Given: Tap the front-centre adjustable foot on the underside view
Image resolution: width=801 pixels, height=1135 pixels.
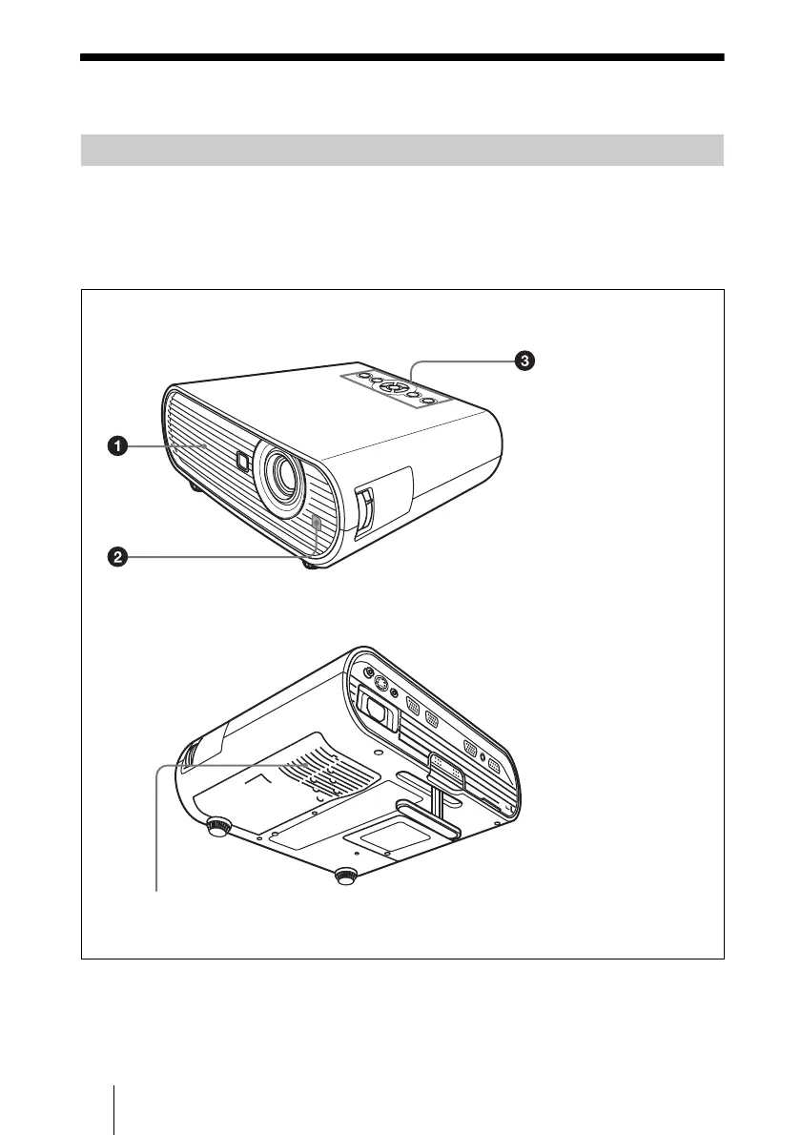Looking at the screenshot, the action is click(346, 876).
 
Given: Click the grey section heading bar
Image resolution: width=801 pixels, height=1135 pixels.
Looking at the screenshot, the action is click(401, 151).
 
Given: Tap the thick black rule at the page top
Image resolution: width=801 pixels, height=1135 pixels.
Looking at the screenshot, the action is click(401, 57).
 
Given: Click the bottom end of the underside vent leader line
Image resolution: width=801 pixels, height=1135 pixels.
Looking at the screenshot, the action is click(155, 889).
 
